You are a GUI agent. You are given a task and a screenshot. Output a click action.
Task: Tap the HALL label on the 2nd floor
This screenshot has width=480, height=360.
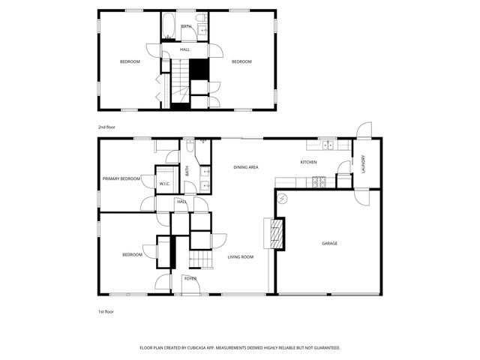point(184,49)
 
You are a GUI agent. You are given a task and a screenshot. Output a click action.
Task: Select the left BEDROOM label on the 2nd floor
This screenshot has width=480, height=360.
point(130,61)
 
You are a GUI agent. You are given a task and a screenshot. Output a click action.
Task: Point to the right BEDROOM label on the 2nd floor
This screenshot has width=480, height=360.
point(241,61)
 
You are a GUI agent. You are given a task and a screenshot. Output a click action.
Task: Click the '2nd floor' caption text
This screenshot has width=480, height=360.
point(106,127)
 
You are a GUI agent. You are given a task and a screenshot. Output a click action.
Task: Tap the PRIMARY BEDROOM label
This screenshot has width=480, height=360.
point(121,178)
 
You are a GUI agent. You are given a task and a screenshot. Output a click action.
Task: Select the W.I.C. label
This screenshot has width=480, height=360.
point(164,182)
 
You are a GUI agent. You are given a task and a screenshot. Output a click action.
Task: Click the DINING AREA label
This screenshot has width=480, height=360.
point(245,166)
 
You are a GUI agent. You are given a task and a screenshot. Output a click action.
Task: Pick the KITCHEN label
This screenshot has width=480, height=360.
point(308,162)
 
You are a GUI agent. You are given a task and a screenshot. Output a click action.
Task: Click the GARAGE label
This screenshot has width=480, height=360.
point(329,243)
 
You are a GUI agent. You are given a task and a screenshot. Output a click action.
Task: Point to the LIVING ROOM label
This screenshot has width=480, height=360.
point(241,256)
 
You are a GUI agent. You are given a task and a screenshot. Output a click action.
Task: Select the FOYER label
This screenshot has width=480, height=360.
point(190,278)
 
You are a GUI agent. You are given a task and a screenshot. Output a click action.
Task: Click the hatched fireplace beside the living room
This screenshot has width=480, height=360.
point(277,234)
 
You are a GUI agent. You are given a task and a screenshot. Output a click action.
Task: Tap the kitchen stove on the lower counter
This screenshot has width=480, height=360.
point(319,181)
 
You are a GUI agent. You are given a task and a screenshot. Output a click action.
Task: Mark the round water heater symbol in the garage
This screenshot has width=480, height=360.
point(283,198)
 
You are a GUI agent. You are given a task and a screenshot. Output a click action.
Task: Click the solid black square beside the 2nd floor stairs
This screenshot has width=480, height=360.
point(198,68)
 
